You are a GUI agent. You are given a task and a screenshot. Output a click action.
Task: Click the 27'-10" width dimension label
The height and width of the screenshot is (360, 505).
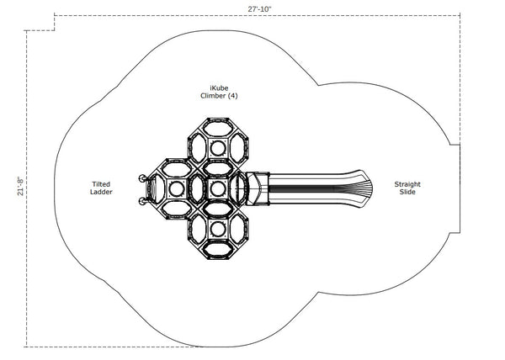tap(259, 9)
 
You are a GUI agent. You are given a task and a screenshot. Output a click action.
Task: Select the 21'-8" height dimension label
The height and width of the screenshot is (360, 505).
tap(20, 186)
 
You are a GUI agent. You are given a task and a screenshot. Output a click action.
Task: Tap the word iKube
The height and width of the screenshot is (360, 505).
tap(219, 88)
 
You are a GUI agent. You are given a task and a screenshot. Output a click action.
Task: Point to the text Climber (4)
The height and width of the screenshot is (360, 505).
tap(219, 96)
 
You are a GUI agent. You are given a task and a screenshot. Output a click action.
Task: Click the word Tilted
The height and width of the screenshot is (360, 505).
tap(101, 184)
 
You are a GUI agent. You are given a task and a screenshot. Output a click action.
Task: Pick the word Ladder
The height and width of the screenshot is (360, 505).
tap(101, 192)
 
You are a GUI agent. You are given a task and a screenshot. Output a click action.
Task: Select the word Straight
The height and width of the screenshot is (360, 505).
tap(407, 184)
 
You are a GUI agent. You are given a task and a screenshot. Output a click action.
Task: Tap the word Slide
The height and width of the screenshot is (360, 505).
tap(407, 192)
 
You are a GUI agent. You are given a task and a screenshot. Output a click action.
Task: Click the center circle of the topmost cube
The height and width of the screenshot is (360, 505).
tap(218, 148)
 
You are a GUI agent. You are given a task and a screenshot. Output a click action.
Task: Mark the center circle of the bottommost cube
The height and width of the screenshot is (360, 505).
tap(218, 229)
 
